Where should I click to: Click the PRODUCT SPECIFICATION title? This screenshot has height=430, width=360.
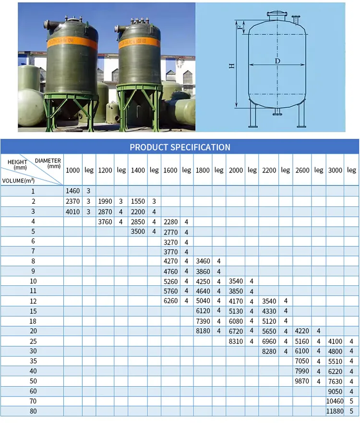click(180, 147)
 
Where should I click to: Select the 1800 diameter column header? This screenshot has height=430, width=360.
click(203, 170)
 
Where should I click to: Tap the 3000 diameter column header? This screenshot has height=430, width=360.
click(335, 170)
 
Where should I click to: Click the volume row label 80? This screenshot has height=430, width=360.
click(33, 411)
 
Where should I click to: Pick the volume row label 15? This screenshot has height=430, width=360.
click(33, 311)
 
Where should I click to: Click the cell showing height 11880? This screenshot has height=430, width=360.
click(335, 411)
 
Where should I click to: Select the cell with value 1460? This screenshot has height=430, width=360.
click(72, 191)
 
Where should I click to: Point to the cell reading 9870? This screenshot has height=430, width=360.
click(302, 381)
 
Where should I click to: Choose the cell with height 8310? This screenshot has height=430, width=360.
click(236, 341)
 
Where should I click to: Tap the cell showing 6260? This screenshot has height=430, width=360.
click(170, 301)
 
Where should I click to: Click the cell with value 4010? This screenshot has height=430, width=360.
click(72, 211)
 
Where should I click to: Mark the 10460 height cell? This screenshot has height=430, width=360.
click(335, 401)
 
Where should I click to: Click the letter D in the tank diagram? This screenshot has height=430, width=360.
click(277, 61)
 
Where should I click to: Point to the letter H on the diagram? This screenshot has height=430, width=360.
click(232, 66)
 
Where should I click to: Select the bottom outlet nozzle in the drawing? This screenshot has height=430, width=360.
click(277, 113)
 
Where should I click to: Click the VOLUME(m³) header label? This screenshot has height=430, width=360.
click(18, 181)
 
